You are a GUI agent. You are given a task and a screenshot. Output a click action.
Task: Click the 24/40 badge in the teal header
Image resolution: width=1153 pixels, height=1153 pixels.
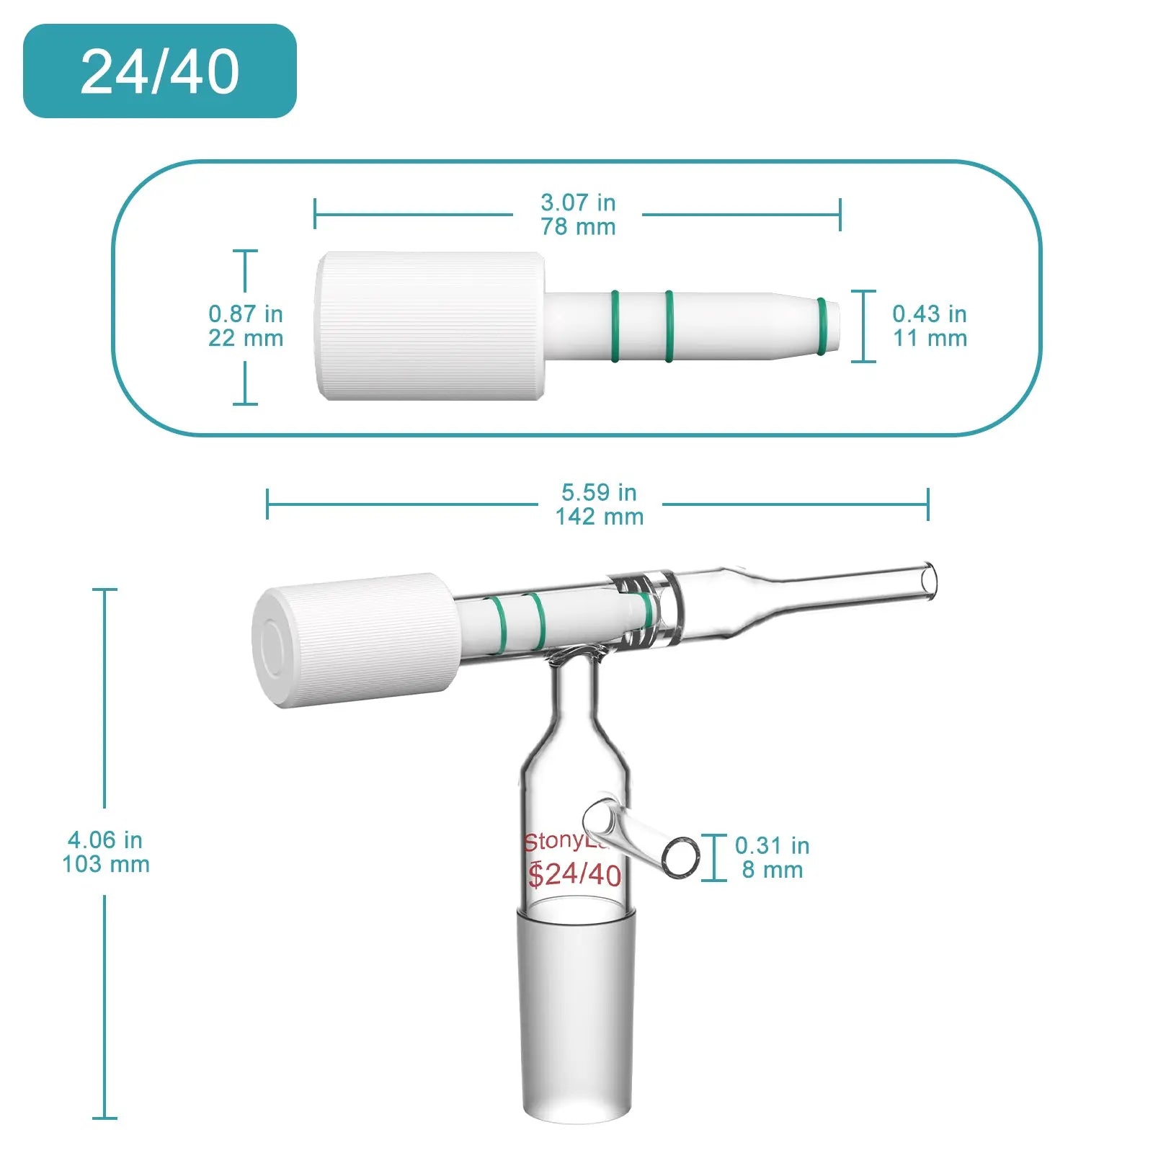click(159, 71)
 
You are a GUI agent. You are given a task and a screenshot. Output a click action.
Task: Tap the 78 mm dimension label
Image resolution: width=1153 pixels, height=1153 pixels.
click(578, 227)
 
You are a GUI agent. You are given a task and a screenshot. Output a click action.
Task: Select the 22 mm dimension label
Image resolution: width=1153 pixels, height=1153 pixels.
click(246, 338)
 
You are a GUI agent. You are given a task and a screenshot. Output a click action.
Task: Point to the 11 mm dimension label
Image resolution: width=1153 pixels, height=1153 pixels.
click(930, 338)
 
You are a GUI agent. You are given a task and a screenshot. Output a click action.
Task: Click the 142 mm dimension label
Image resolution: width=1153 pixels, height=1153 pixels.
click(599, 517)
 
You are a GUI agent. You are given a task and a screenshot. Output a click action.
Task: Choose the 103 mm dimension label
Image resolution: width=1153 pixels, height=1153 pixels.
click(106, 864)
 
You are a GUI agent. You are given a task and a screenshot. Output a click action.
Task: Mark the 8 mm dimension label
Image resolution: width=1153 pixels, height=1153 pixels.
click(773, 870)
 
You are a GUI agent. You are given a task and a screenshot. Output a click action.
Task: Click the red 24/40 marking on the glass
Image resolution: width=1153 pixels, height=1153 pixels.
click(575, 874)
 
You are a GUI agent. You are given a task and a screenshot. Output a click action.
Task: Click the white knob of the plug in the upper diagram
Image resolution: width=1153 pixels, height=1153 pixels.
click(430, 326)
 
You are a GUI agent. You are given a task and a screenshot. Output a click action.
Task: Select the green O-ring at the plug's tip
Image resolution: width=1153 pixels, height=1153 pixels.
click(822, 326)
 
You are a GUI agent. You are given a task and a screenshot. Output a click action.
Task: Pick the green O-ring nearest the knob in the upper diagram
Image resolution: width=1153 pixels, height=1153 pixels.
click(615, 326)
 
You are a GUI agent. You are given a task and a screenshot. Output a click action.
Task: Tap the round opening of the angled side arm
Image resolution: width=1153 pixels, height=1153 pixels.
click(680, 858)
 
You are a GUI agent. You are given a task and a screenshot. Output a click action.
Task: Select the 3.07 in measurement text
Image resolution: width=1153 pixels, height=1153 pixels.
click(578, 202)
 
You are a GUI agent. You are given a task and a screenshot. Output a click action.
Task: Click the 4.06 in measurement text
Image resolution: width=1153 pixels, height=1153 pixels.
click(105, 840)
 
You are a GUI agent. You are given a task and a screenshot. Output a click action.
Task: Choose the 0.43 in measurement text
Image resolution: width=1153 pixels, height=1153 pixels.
click(930, 313)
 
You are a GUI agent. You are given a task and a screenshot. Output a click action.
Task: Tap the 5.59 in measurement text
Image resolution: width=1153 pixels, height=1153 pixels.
click(599, 492)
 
